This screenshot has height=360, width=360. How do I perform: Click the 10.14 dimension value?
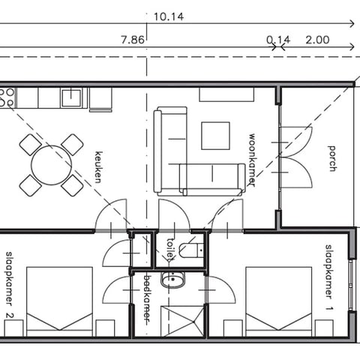point(169,16)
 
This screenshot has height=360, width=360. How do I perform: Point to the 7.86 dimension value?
point(133,40)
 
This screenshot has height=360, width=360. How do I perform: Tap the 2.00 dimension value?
point(317,40)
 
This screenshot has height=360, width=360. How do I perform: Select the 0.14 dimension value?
point(278,40)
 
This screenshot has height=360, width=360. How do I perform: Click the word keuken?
point(98,167)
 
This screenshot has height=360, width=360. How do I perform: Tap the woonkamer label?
point(251,160)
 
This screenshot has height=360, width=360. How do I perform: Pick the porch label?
point(331,159)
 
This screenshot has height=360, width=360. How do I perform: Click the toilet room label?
point(170,250)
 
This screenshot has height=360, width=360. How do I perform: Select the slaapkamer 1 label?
point(329,277)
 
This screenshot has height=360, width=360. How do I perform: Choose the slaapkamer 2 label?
point(10,285)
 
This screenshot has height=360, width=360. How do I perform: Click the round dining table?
point(52,165)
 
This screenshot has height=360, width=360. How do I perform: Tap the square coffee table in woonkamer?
point(216,136)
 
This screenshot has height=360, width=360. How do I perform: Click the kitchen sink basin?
point(71,97)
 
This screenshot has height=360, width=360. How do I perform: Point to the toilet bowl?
point(189,250)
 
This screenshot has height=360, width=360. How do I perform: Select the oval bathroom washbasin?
point(172,280)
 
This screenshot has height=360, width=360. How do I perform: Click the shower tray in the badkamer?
point(183,321)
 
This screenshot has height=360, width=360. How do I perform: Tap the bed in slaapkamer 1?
point(279,301)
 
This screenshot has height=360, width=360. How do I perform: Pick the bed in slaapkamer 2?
point(59,301)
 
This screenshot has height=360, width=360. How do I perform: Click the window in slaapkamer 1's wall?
point(352,285)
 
